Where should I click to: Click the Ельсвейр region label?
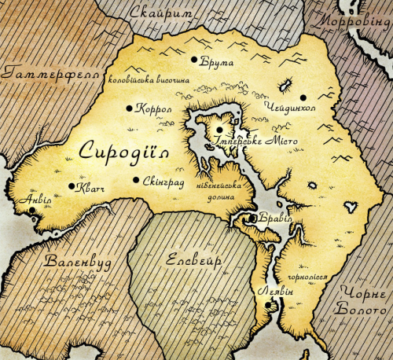[x=189, y=260]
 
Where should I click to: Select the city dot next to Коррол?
[x=130, y=108]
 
